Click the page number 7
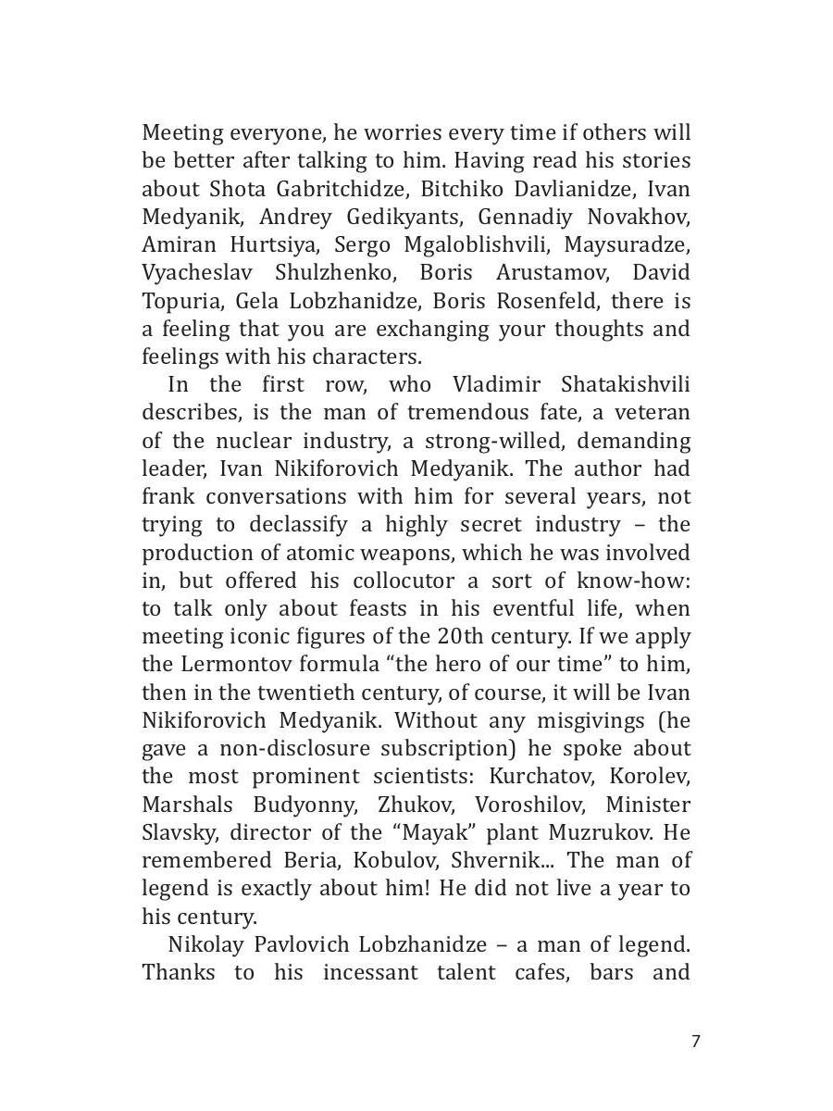coord(696,1042)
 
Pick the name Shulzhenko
coord(336,273)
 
